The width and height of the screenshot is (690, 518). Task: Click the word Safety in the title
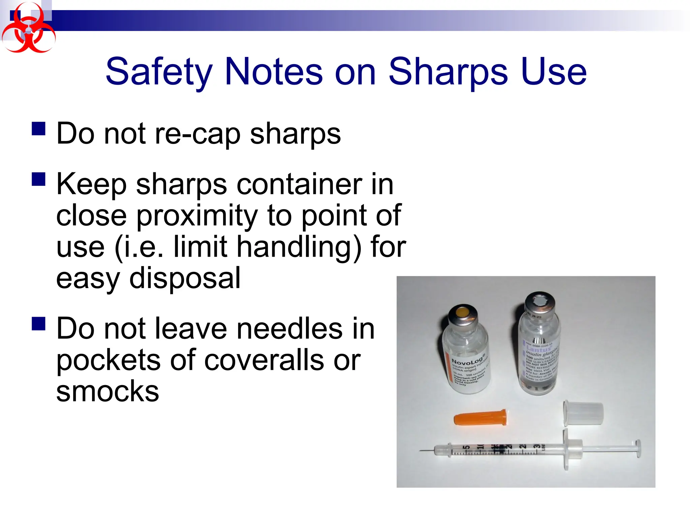click(x=159, y=71)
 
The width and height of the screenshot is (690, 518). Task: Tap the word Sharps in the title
click(x=448, y=71)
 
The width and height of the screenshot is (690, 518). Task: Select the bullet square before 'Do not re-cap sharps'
click(x=39, y=128)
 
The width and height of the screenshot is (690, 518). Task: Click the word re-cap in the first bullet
click(x=197, y=134)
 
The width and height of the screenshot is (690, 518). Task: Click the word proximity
click(x=197, y=216)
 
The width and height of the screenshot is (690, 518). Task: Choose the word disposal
click(x=185, y=278)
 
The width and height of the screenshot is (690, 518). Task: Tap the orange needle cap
click(x=480, y=418)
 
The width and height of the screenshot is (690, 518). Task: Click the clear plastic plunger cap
click(x=583, y=413)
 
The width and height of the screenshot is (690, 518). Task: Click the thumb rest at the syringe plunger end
click(x=637, y=449)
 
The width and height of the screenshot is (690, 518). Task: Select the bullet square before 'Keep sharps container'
click(x=39, y=179)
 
